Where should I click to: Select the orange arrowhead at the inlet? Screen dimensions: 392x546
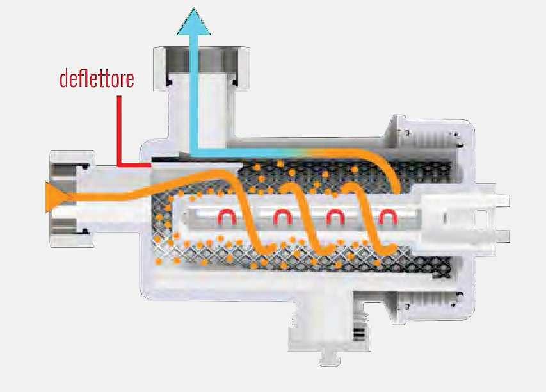pos(52,196)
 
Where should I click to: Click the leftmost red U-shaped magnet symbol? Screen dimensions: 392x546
pos(227,218)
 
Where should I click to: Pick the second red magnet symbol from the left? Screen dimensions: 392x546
pos(281,218)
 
